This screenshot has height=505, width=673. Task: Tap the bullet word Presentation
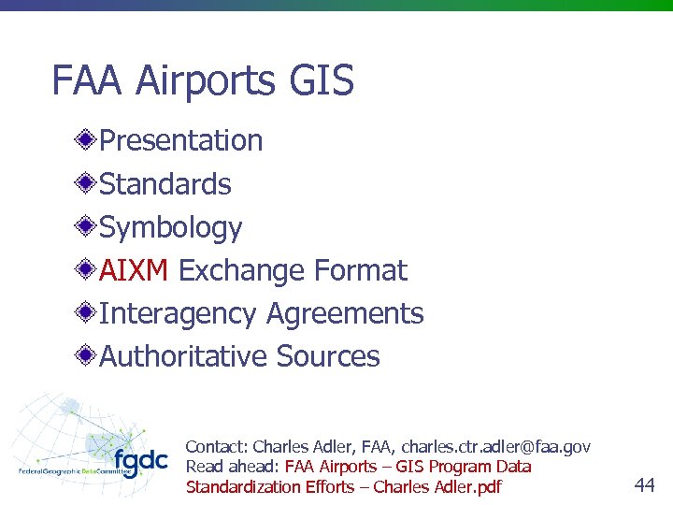(180, 140)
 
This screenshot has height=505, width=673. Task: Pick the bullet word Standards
(165, 184)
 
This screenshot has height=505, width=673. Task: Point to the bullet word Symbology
(170, 227)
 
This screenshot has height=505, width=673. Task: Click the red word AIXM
(133, 270)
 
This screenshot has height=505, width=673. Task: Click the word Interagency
(178, 314)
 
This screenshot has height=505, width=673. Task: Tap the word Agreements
(345, 313)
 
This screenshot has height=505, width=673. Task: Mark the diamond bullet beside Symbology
(86, 227)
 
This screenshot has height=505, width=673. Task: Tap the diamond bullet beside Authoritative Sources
(86, 356)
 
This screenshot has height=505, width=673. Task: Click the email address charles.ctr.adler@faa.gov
(495, 447)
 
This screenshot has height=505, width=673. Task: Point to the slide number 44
(644, 484)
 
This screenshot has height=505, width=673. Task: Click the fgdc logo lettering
(140, 461)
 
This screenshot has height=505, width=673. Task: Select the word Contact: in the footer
(217, 447)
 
